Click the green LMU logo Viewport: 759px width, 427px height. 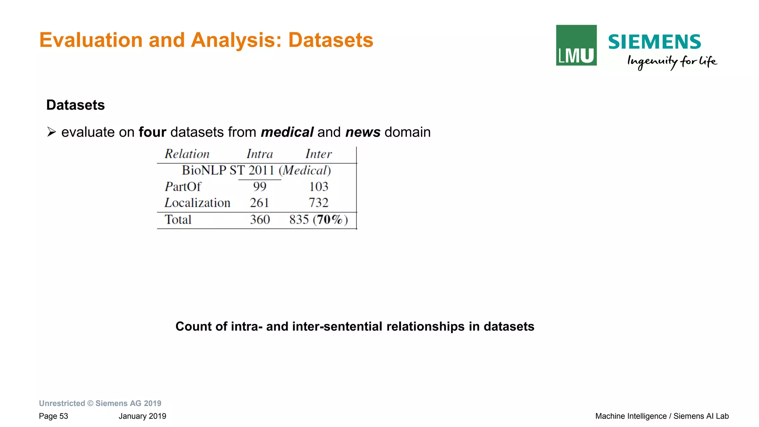[576, 45]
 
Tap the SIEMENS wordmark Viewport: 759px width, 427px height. [654, 42]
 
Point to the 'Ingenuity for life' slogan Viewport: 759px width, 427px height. [672, 62]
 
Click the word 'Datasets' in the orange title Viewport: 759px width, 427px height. [331, 40]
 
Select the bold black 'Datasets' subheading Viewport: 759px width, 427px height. [76, 105]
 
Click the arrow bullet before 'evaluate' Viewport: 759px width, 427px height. [52, 132]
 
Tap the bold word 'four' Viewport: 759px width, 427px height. [152, 132]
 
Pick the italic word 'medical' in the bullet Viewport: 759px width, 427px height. [287, 132]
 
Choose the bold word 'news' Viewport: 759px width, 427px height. [363, 132]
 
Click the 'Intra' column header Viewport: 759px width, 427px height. [260, 154]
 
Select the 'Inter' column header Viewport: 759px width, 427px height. [318, 154]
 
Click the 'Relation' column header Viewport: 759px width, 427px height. [187, 154]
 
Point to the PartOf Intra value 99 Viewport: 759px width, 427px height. [260, 187]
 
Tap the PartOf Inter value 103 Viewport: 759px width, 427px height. [319, 187]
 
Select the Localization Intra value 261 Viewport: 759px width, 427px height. [259, 203]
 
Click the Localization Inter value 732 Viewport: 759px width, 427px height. [319, 203]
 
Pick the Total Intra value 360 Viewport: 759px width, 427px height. [260, 220]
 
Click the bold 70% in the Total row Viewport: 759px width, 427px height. [329, 220]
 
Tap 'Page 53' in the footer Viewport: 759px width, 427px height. [53, 416]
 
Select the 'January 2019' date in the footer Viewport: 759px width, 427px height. [142, 416]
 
